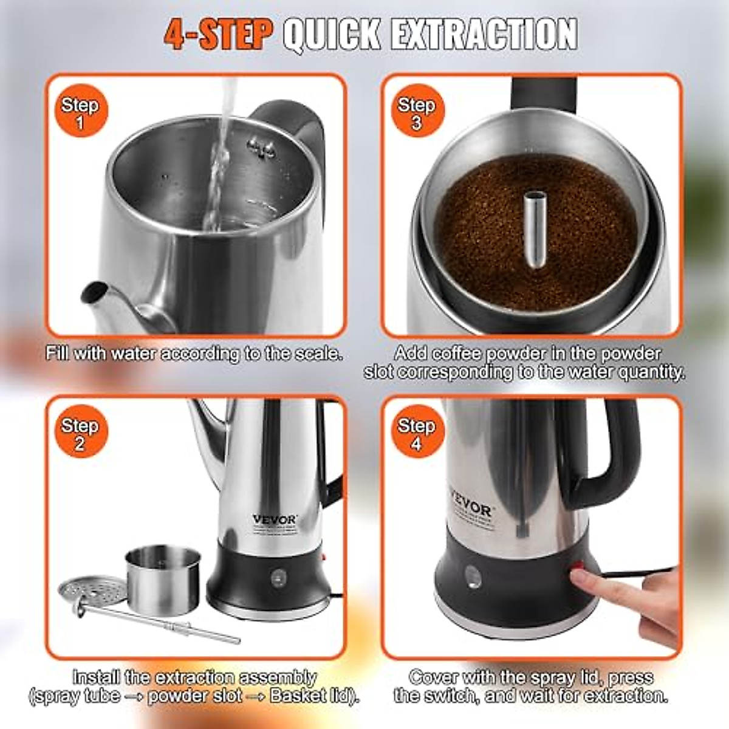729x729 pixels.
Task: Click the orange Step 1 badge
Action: (80, 113)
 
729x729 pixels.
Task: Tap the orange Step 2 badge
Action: (80, 434)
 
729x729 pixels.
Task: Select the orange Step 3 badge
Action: (416, 113)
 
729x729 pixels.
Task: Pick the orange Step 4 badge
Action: (416, 434)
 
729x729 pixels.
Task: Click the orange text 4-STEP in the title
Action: (217, 35)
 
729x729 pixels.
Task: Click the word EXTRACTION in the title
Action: (483, 35)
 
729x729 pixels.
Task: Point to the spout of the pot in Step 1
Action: (94, 295)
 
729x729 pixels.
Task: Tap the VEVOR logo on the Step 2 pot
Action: (275, 519)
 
